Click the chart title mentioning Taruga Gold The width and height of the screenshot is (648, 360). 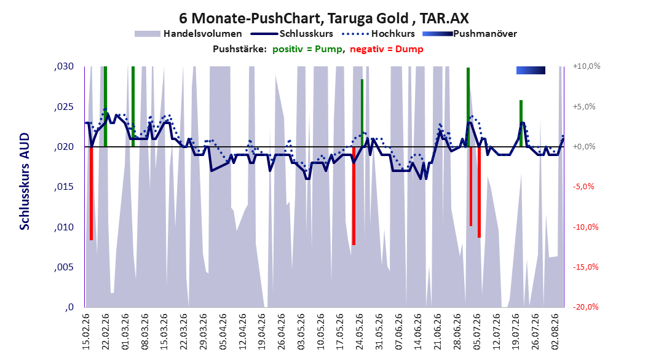pyautogui.click(x=324, y=18)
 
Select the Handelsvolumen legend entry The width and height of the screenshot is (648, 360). pyautogui.click(x=189, y=34)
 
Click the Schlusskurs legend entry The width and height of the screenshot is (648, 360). pyautogui.click(x=292, y=34)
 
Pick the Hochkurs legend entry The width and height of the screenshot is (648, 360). pyautogui.click(x=378, y=34)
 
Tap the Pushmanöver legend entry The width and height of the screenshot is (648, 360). pyautogui.click(x=470, y=34)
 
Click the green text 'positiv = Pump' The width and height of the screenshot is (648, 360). pyautogui.click(x=307, y=49)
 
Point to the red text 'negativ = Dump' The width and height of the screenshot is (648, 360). pyautogui.click(x=387, y=49)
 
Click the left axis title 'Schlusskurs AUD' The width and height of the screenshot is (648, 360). pyautogui.click(x=25, y=181)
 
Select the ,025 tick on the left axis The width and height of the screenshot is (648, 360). pyautogui.click(x=64, y=107)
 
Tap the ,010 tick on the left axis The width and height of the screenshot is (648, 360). pyautogui.click(x=64, y=227)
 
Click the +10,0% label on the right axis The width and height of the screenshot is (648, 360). pyautogui.click(x=587, y=66)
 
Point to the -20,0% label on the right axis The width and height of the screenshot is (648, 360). pyautogui.click(x=585, y=307)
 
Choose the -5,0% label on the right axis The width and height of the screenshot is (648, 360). pyautogui.click(x=583, y=187)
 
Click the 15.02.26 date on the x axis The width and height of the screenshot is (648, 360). pyautogui.click(x=86, y=332)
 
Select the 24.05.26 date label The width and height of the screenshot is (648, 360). pyautogui.click(x=360, y=332)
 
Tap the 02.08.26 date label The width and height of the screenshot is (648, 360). pyautogui.click(x=555, y=332)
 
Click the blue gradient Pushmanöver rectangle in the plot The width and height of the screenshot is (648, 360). pyautogui.click(x=531, y=71)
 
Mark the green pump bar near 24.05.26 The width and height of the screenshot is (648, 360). pyautogui.click(x=362, y=112)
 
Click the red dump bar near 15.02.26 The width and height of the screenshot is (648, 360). pyautogui.click(x=92, y=194)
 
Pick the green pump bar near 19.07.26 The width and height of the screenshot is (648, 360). pyautogui.click(x=521, y=123)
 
